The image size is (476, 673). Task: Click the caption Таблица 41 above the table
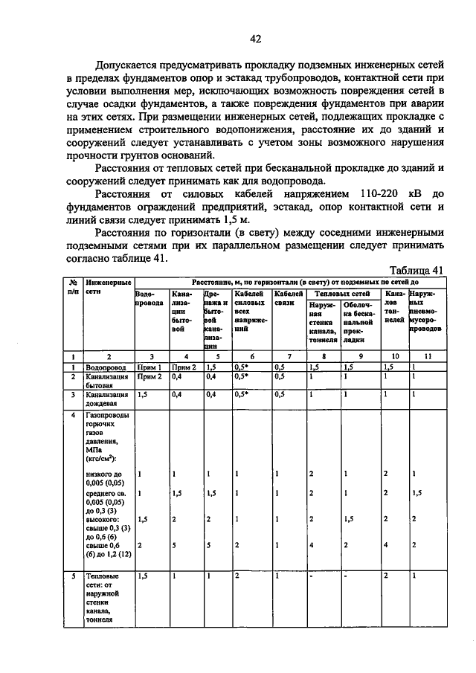pos(416,270)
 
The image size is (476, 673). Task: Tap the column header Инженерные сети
pos(109,288)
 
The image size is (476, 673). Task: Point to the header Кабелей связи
pos(289,299)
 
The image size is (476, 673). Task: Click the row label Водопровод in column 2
pos(103,367)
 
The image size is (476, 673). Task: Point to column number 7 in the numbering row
pos(289,356)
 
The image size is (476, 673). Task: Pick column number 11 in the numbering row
pos(426,356)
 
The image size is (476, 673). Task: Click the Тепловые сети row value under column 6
pos(237,575)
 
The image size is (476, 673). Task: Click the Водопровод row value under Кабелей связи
pos(280,367)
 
